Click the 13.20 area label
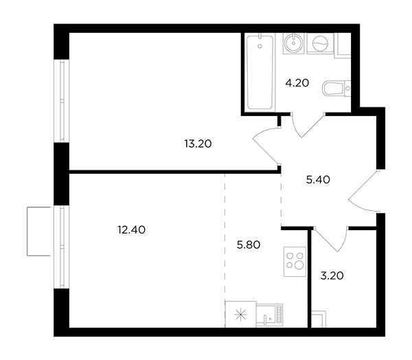click(x=198, y=144)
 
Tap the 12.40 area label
click(x=131, y=230)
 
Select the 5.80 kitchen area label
click(x=249, y=245)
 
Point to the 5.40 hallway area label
click(x=318, y=180)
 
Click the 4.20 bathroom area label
click(x=297, y=83)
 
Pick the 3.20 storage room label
click(x=332, y=276)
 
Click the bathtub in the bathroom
click(x=260, y=72)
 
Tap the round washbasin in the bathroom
click(x=293, y=43)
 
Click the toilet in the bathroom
click(x=336, y=89)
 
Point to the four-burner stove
click(x=295, y=261)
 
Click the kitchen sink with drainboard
click(x=270, y=315)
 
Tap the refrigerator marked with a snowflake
click(x=240, y=314)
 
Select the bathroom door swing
click(x=308, y=126)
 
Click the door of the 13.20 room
click(x=265, y=145)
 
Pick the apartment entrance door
click(x=364, y=191)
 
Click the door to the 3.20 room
click(x=331, y=239)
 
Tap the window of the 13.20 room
click(x=62, y=101)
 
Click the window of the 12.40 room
click(x=62, y=247)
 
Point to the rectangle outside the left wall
click(x=38, y=231)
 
